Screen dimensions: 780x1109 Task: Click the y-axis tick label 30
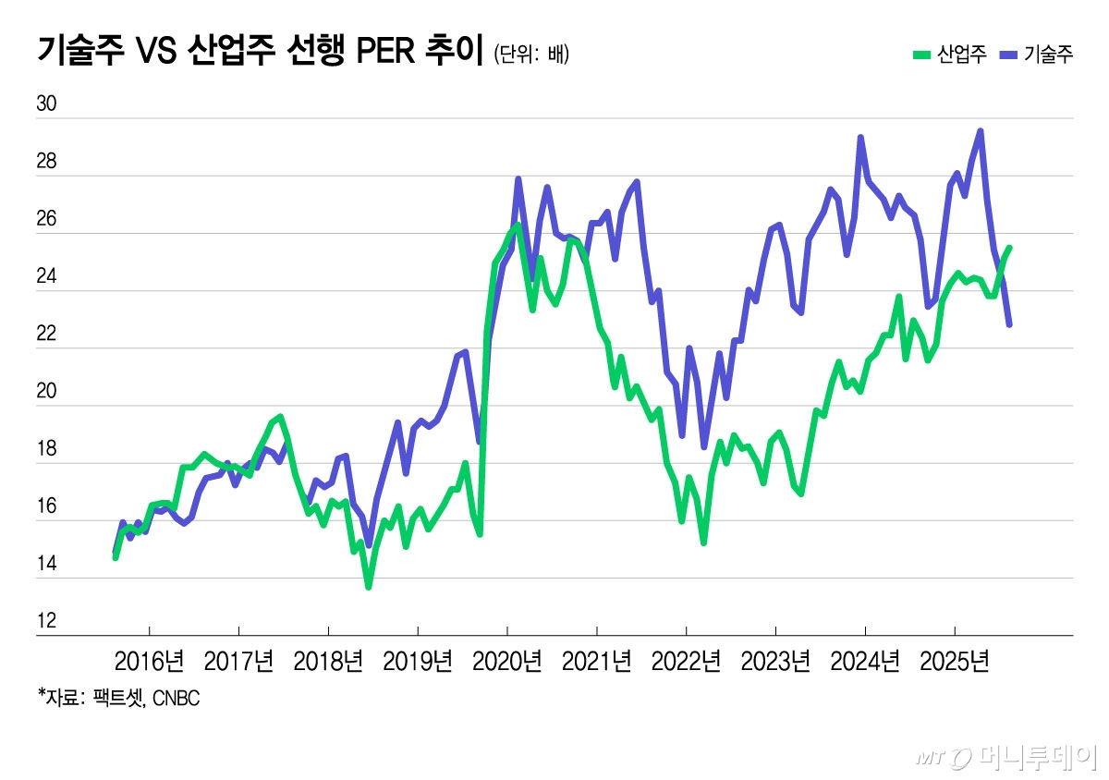45,104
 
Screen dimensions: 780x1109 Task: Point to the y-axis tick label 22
45,335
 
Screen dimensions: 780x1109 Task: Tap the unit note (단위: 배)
531,54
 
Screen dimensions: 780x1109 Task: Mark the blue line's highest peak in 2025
980,131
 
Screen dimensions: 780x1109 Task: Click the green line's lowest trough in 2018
368,587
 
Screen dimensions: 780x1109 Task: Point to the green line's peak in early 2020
518,225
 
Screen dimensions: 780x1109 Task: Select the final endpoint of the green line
1010,248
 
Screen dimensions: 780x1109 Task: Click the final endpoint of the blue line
1009,324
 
